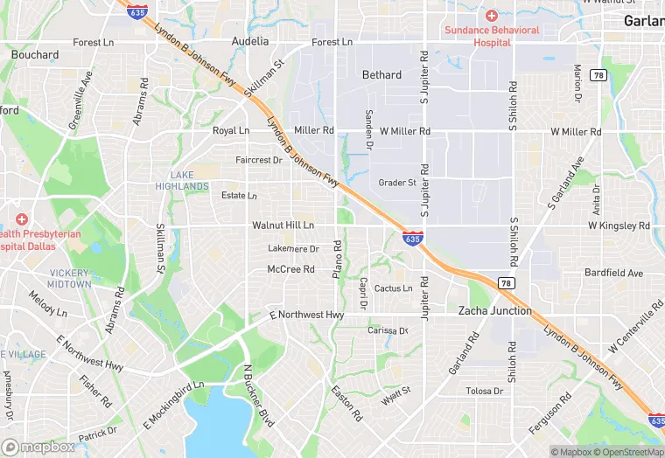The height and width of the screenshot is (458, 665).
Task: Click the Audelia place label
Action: click(x=250, y=41)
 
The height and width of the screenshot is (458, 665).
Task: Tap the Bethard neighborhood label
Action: click(x=382, y=75)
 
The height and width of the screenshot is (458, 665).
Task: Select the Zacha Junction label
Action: click(x=495, y=310)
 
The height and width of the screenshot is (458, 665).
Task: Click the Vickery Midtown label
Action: click(x=70, y=280)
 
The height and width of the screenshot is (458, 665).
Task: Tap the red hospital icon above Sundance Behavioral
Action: click(x=492, y=16)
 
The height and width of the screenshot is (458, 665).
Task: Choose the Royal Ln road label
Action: click(x=231, y=131)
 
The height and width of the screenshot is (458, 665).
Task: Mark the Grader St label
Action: click(x=397, y=183)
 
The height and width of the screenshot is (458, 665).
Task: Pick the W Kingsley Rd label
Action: click(x=619, y=226)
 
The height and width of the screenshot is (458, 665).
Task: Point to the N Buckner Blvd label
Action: click(x=259, y=396)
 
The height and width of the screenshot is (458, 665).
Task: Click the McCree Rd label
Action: click(x=290, y=269)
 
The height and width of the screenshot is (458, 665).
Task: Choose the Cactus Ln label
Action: click(x=393, y=288)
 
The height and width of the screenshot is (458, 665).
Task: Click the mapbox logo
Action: click(x=38, y=447)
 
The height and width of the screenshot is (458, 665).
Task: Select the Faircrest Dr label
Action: click(x=259, y=160)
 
